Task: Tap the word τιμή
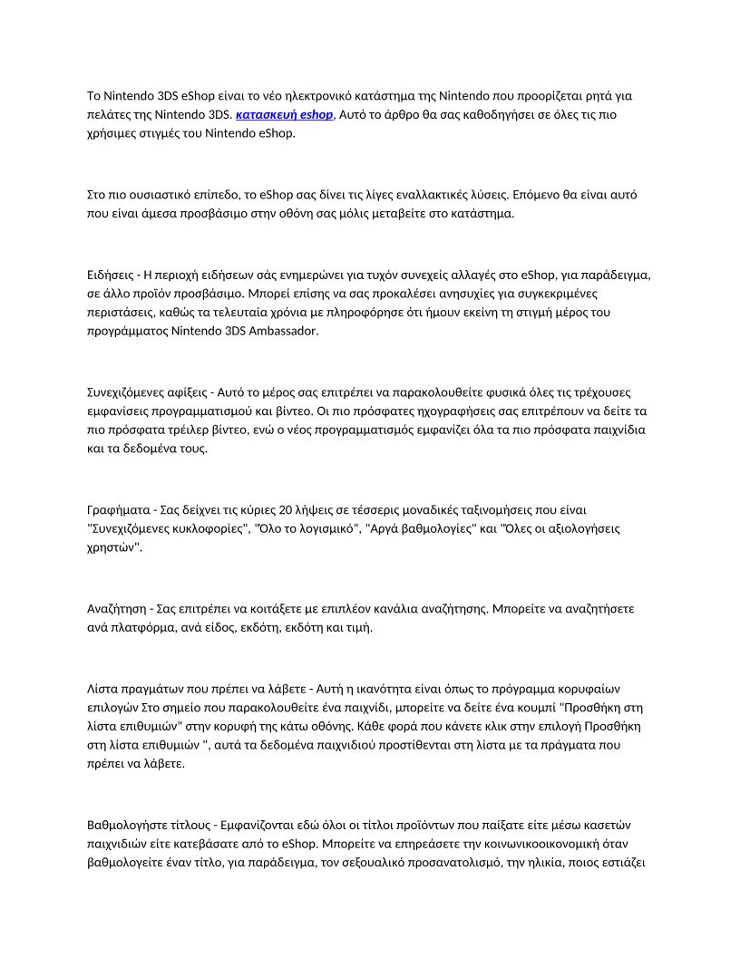pyautogui.click(x=349, y=627)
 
